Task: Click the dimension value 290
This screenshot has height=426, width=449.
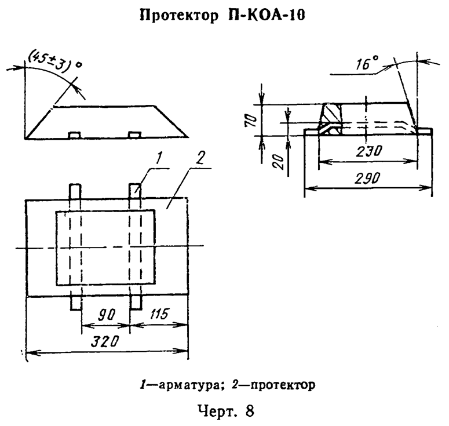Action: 368,180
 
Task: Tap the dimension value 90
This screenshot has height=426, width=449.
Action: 104,315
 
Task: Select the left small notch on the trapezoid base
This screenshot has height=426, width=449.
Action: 74,136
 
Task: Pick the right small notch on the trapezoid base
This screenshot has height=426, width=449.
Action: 134,136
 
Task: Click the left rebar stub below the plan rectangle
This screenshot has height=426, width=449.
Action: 75,303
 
